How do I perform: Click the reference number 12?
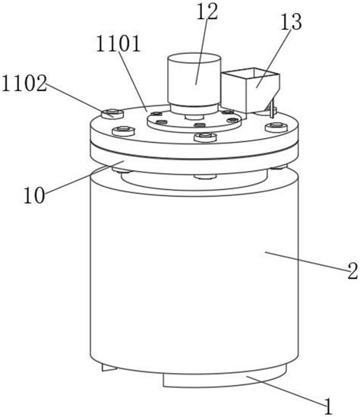pos(207,11)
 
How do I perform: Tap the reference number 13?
pos(291,21)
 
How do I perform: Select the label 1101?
pos(118,43)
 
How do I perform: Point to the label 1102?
pos(24,84)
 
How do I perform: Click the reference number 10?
pos(34,195)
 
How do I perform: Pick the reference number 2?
pos(352,270)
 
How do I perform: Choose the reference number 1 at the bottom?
pos(328,406)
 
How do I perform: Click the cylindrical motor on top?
pos(194,83)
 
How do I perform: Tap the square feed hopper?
pos(251,90)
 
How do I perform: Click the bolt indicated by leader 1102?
pos(112,114)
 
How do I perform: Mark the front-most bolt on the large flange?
pos(205,137)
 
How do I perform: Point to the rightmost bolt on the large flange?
pos(276,127)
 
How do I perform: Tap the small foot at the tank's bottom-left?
pos(109,368)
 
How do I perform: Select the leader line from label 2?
pos(306,261)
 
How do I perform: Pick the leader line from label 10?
pos(84,177)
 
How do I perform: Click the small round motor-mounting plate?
pos(194,121)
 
